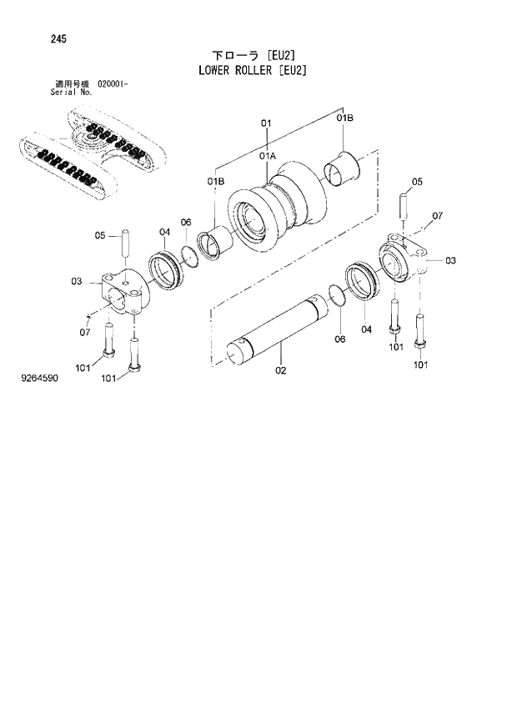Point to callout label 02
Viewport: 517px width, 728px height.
point(281,369)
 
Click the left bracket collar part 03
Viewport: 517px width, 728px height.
point(122,293)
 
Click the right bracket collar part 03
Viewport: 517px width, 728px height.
point(404,262)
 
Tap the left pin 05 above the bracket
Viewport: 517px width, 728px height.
point(126,244)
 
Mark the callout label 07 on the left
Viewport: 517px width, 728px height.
point(84,333)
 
